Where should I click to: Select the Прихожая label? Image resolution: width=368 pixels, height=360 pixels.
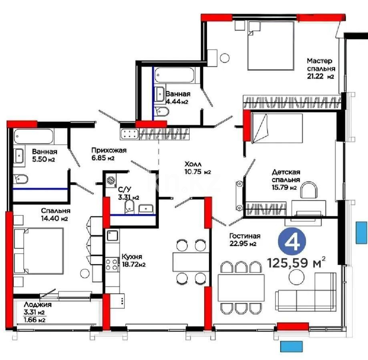109,150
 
